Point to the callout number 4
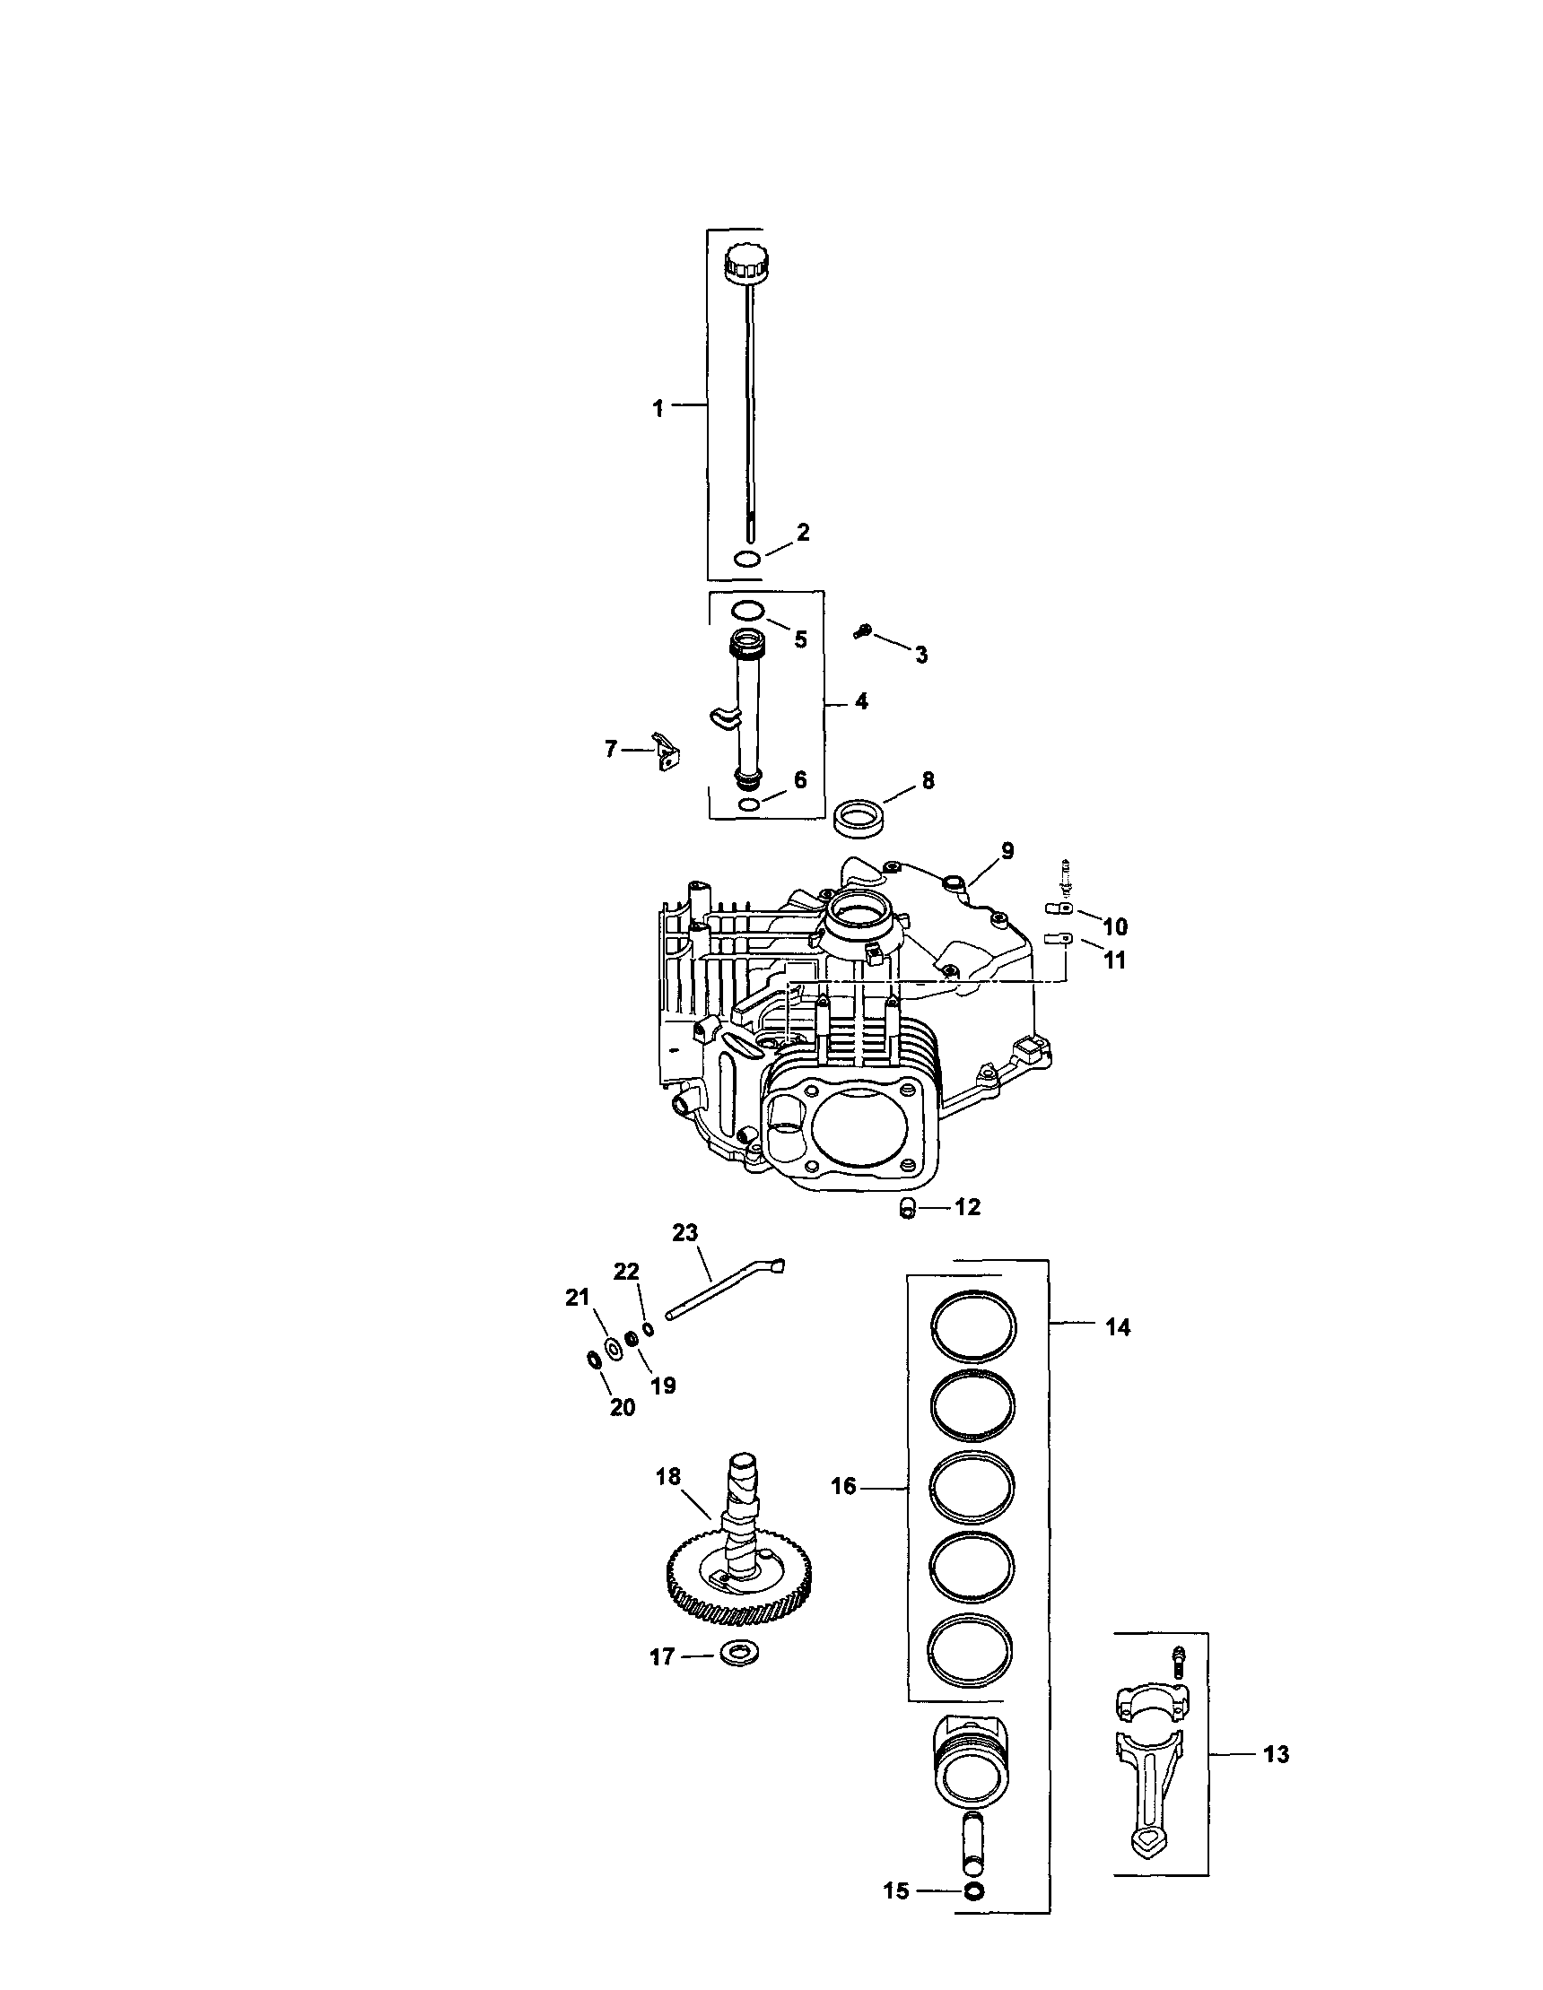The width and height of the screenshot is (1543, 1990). [861, 701]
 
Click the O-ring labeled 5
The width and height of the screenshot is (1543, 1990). [747, 609]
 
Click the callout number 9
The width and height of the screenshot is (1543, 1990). [1007, 850]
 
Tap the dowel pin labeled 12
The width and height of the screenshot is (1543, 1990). [907, 1209]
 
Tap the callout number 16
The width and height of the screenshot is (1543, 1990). [843, 1486]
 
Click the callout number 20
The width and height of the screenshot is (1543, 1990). [622, 1407]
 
